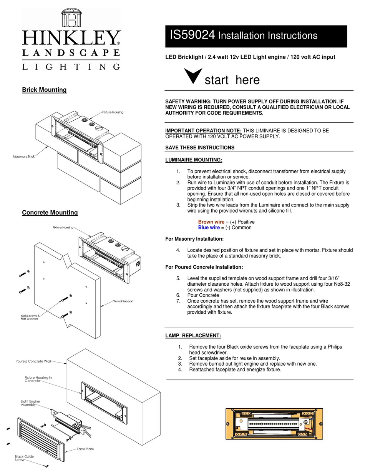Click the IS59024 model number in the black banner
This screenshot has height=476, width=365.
pyautogui.click(x=192, y=35)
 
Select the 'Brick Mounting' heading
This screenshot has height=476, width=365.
pyautogui.click(x=44, y=90)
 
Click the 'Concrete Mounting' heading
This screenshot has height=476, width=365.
pyautogui.click(x=50, y=212)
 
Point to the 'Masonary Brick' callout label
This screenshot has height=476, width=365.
pyautogui.click(x=24, y=156)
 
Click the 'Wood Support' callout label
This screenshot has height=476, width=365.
pyautogui.click(x=123, y=301)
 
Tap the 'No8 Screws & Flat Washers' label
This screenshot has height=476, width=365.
pyautogui.click(x=30, y=317)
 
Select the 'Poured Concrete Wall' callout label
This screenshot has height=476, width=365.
pyautogui.click(x=33, y=361)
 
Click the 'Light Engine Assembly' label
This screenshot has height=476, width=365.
pyautogui.click(x=30, y=403)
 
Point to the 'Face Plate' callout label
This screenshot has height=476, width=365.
pyautogui.click(x=85, y=449)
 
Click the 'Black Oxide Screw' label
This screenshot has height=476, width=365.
pyautogui.click(x=24, y=458)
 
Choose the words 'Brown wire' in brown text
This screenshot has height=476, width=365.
pyautogui.click(x=211, y=222)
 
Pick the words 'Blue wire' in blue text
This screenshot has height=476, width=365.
pyautogui.click(x=209, y=227)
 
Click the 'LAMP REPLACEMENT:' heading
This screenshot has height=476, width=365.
pyautogui.click(x=193, y=335)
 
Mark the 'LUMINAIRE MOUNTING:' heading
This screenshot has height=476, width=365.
pyautogui.click(x=193, y=160)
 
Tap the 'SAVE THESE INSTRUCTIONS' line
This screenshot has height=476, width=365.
pyautogui.click(x=199, y=148)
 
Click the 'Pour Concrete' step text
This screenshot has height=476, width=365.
pyautogui.click(x=203, y=295)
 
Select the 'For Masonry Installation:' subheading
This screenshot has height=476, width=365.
pyautogui.click(x=194, y=239)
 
